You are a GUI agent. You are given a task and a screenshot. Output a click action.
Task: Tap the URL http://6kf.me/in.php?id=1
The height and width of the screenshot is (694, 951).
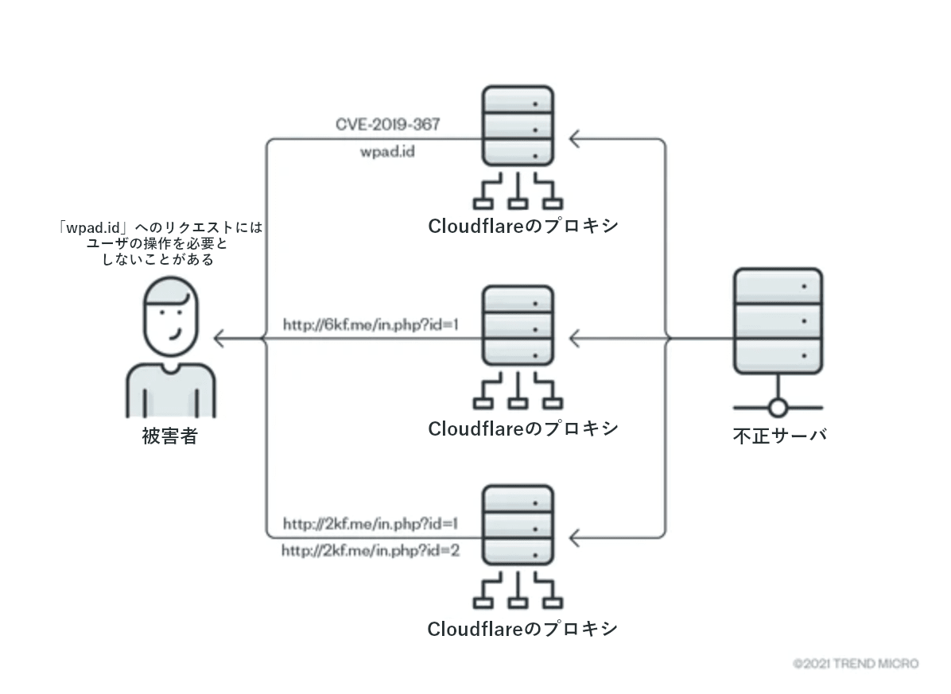click(371, 325)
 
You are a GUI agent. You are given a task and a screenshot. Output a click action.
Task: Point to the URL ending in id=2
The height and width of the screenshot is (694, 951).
click(371, 550)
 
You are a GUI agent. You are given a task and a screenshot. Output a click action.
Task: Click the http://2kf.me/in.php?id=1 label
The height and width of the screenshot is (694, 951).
click(371, 525)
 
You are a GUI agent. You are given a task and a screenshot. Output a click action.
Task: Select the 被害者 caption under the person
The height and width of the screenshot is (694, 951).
click(169, 436)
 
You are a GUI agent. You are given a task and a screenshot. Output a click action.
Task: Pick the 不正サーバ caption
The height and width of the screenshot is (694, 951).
click(778, 436)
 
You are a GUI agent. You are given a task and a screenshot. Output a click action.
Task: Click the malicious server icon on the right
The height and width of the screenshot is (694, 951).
click(778, 322)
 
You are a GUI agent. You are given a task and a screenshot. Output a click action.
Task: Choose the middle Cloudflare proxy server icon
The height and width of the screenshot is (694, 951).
click(518, 327)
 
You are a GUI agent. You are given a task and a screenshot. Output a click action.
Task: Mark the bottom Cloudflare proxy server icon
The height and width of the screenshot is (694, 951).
click(518, 526)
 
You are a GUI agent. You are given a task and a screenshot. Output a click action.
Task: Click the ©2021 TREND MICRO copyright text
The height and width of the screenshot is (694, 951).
click(856, 663)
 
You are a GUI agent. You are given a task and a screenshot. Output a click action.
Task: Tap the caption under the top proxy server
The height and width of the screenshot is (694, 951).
click(522, 227)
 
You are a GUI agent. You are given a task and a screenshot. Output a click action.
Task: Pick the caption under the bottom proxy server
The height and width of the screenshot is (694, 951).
click(522, 629)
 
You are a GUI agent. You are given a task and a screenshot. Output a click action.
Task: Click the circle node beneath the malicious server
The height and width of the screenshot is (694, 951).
click(778, 409)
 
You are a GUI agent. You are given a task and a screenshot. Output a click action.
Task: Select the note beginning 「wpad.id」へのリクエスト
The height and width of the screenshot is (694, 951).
click(160, 243)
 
